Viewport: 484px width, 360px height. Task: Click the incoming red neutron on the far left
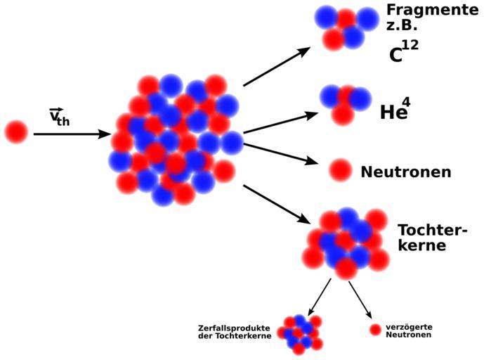15,131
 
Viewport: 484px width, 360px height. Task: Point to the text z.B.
401,27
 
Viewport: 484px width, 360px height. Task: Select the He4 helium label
395,110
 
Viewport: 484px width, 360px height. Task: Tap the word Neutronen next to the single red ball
405,172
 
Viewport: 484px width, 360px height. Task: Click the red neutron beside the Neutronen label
341,169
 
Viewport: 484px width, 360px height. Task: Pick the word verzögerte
409,326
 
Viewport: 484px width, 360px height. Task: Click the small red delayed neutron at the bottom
375,329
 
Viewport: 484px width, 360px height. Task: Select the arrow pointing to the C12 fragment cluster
277,67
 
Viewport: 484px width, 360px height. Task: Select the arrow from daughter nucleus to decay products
319,296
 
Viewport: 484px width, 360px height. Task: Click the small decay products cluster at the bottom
300,333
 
